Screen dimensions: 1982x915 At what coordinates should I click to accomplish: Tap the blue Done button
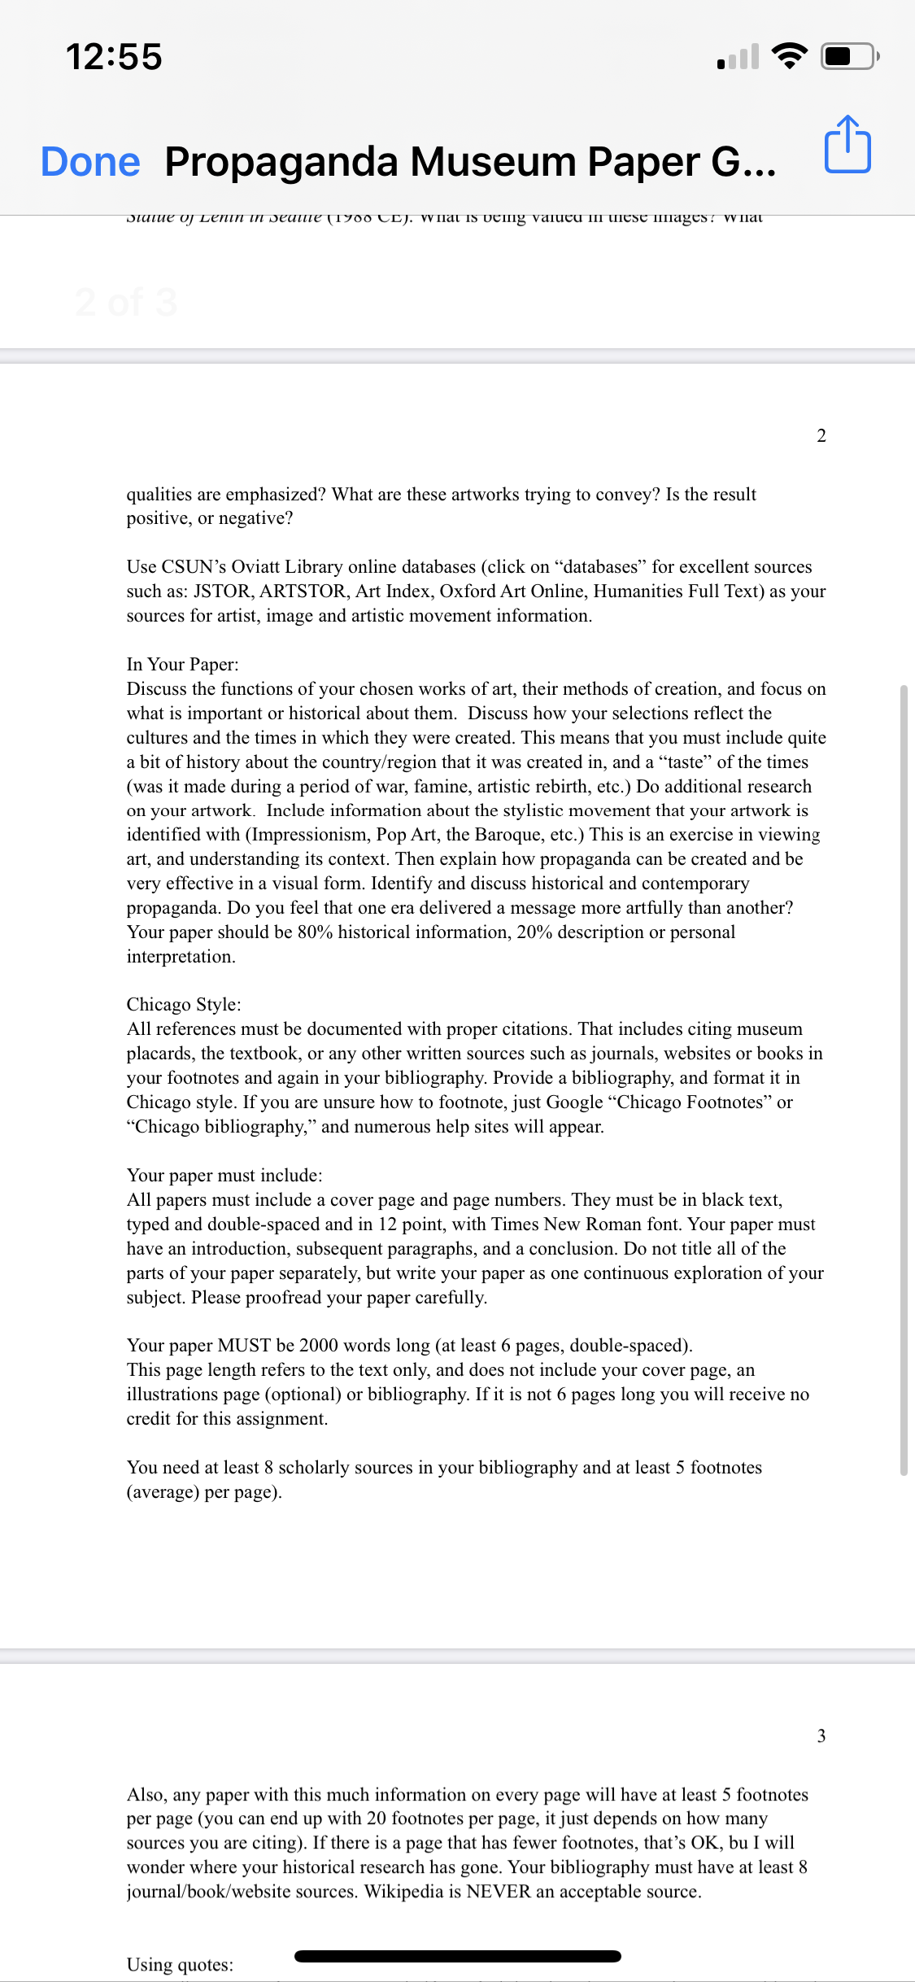90,161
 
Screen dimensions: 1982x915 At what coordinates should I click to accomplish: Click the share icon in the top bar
847,145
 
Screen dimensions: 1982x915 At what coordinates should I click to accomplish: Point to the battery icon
849,56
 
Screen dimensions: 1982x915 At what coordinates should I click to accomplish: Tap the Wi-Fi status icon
789,56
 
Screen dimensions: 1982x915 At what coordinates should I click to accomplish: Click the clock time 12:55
114,57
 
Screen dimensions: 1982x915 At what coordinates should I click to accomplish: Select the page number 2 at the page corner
821,436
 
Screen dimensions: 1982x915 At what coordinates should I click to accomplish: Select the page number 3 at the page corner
821,1736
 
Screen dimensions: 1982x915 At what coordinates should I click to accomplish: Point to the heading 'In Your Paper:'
182,665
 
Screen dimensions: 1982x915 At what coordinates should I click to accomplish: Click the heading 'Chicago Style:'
184,1005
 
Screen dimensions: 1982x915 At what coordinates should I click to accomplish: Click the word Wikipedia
403,1892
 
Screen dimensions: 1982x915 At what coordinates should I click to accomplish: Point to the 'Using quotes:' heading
180,1965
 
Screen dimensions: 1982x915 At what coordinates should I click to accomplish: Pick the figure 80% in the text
315,932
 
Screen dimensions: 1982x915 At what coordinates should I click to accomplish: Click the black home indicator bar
457,1956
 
